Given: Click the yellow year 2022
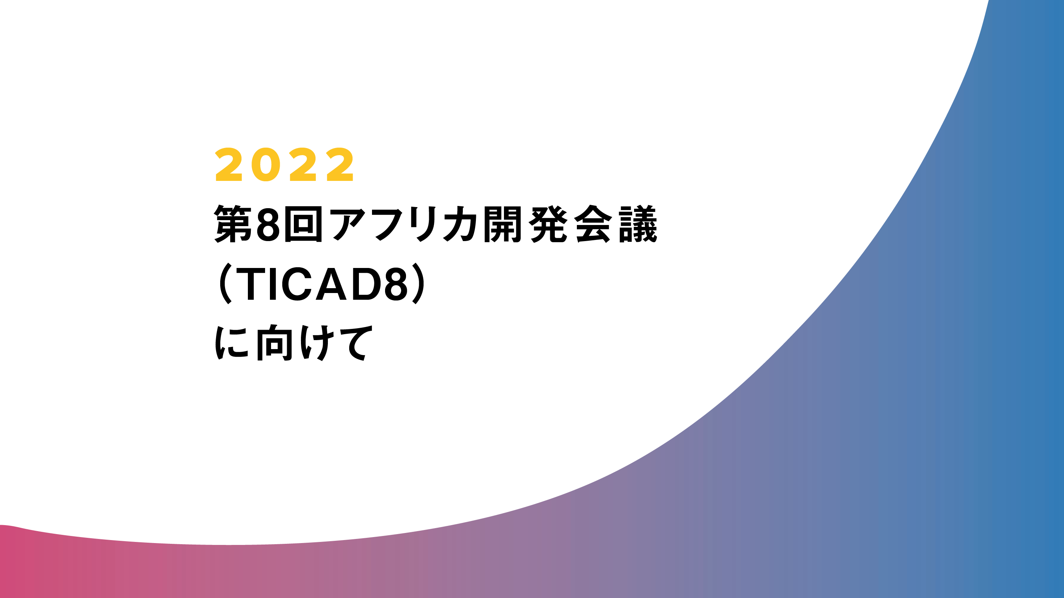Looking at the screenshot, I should (284, 164).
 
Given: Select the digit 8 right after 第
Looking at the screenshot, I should (268, 224).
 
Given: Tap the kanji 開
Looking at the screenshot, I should (502, 224).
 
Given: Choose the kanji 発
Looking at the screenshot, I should (548, 224).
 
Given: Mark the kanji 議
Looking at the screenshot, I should (638, 224).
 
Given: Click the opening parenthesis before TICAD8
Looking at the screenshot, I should (225, 283).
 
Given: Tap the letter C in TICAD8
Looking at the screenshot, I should (297, 284).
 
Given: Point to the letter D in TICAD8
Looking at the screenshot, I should (366, 284).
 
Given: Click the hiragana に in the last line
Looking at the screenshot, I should (232, 342).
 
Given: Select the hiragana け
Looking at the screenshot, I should (317, 342).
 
